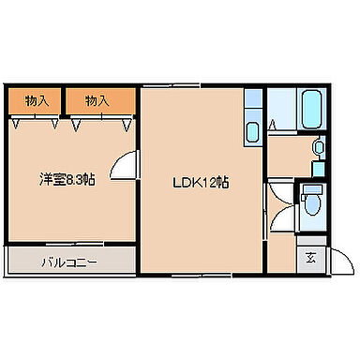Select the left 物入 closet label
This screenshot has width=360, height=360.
pyautogui.click(x=37, y=99)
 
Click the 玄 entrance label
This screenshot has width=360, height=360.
pyautogui.click(x=310, y=259)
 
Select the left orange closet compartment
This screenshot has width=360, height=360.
pyautogui.click(x=37, y=99)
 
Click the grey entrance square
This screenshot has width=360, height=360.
pyautogui.click(x=310, y=259)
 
